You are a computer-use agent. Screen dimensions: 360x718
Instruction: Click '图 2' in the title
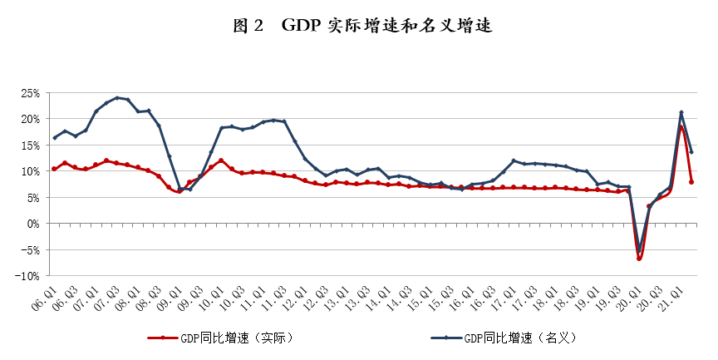[x=248, y=26]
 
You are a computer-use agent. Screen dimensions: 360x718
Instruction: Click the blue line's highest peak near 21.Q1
[x=681, y=112]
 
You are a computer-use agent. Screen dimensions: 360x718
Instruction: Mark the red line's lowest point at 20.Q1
[x=639, y=259]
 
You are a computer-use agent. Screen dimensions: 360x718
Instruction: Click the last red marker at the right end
[x=691, y=182]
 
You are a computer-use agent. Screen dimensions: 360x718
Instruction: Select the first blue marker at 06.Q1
[x=54, y=138]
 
